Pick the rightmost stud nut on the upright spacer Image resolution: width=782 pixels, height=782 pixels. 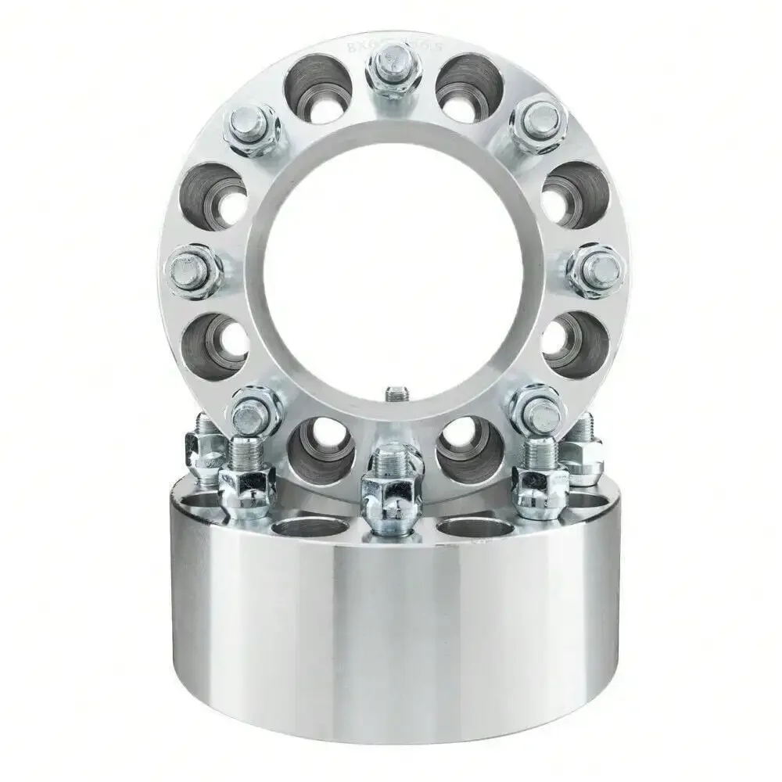(596, 270)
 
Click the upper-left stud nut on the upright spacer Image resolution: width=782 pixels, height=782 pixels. (252, 129)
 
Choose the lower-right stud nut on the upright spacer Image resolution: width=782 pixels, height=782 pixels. (536, 409)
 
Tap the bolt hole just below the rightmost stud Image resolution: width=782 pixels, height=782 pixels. (576, 344)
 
